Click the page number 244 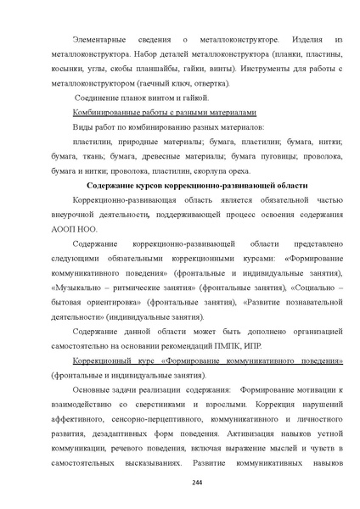pyautogui.click(x=180, y=481)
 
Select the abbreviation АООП pyautogui.click(x=66, y=229)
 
